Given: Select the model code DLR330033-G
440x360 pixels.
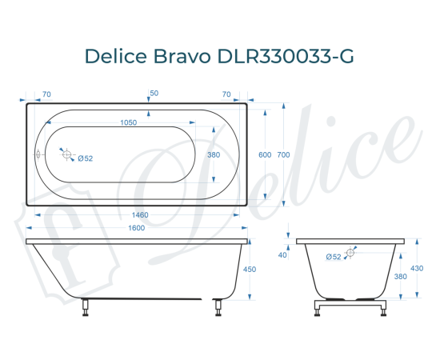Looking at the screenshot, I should [282, 58].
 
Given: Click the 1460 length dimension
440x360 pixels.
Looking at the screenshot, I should [141, 215].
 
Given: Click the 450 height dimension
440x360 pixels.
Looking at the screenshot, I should [249, 270].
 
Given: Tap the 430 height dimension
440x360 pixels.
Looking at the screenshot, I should [416, 268].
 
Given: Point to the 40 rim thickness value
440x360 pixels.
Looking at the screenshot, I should [282, 255].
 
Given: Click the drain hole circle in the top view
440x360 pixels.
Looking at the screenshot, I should [67, 154].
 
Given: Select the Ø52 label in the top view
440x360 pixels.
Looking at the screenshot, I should [86, 158].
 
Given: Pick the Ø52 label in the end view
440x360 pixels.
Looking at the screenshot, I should [334, 256].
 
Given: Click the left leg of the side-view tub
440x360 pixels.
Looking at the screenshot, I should [86, 307].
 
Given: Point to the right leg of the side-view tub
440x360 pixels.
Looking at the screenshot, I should [217, 307].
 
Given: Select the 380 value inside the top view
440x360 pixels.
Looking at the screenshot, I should [214, 154].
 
